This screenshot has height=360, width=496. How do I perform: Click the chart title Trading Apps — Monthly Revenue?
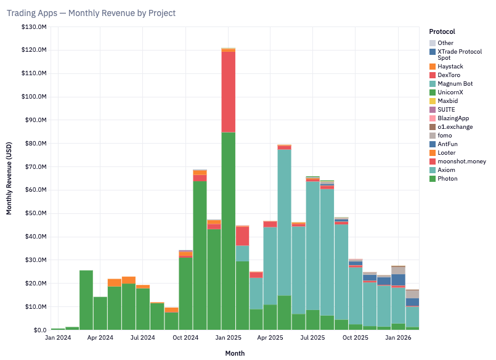(x=91, y=13)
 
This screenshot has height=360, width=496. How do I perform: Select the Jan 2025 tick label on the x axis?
(x=228, y=338)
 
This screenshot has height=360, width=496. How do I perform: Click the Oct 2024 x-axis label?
(x=185, y=338)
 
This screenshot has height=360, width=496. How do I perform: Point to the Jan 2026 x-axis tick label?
(x=398, y=338)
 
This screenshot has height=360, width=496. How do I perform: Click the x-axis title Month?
(x=234, y=353)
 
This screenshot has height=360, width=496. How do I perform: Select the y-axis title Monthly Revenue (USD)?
(x=9, y=179)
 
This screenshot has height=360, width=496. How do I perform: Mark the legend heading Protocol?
(x=442, y=31)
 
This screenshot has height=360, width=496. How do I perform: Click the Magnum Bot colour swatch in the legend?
(x=433, y=84)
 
